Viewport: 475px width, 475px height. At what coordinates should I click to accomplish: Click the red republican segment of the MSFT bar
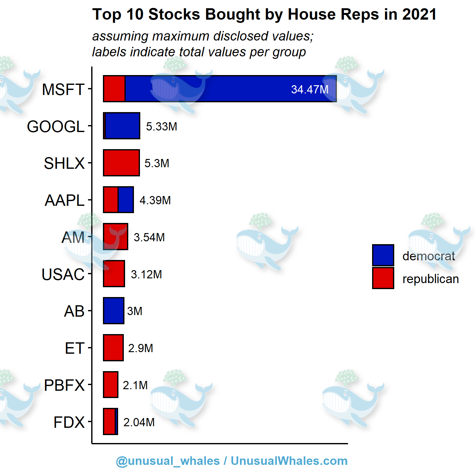pos(114,89)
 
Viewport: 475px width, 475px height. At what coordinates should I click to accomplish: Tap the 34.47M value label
pos(310,90)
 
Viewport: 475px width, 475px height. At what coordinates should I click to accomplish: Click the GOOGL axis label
pos(56,126)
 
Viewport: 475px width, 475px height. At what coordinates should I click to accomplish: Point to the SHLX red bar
pos(121,163)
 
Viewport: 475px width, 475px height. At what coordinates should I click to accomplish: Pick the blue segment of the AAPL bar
pos(126,200)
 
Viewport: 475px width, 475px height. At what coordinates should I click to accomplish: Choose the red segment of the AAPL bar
pos(111,200)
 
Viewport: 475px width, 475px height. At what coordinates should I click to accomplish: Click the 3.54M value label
pos(149,237)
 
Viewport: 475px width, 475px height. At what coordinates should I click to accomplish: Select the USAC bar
pos(114,274)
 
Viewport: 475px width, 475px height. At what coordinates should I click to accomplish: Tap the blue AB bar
pos(114,311)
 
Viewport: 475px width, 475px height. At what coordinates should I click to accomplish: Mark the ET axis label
pos(74,348)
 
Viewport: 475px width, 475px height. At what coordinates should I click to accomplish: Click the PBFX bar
pos(111,385)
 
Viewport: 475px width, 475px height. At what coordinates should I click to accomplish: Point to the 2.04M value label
pos(139,422)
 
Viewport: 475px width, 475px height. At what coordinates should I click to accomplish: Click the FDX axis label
pos(69,422)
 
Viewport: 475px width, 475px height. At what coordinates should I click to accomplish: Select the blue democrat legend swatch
pos(383,255)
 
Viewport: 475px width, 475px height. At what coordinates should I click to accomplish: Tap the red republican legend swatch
pos(383,278)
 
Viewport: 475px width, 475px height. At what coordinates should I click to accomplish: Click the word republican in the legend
pos(430,279)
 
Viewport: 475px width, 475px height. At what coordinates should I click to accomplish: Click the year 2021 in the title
pos(419,15)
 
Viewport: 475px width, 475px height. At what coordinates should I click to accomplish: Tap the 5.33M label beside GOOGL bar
pos(161,126)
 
